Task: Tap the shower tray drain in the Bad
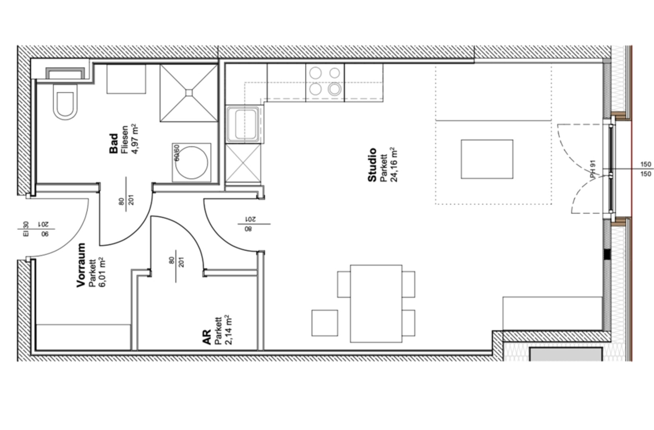click(x=189, y=93)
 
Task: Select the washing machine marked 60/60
click(x=192, y=162)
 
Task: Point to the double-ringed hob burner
click(x=335, y=89)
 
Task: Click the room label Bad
click(x=114, y=143)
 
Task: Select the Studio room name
click(x=372, y=165)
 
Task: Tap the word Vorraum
click(x=81, y=265)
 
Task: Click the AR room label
click(x=206, y=337)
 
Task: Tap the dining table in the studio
click(x=376, y=303)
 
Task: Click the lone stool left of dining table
click(x=325, y=323)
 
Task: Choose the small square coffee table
click(x=487, y=159)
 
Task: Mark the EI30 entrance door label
click(x=26, y=229)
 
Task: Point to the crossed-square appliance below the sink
click(x=243, y=164)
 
